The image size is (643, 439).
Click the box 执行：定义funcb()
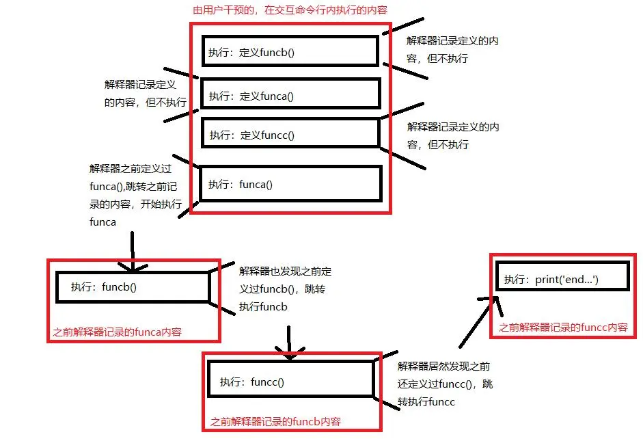[290, 51]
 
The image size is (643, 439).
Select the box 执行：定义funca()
[290, 94]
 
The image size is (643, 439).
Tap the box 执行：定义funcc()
[290, 133]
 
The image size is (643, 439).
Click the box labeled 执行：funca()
[290, 183]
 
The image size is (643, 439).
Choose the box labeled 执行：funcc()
[290, 381]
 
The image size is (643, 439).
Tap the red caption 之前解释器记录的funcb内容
[276, 421]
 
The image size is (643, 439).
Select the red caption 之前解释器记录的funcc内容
[563, 328]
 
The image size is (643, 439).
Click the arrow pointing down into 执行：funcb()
[132, 251]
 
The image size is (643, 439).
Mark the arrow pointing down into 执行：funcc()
[290, 342]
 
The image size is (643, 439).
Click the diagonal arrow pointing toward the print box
[476, 321]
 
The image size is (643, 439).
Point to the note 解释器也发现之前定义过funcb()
[285, 289]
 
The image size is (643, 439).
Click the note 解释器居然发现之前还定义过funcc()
[444, 384]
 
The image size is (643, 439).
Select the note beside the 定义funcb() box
[452, 49]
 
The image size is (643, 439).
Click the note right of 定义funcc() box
[452, 135]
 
